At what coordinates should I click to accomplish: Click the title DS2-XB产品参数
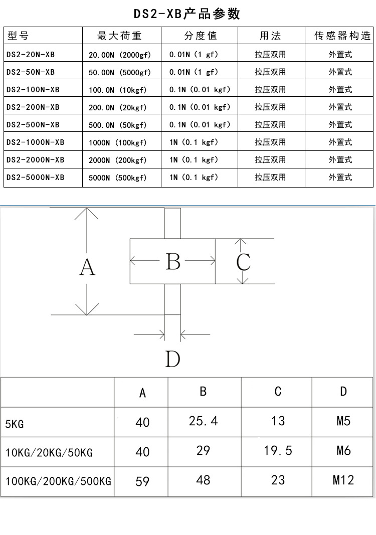pos(187,14)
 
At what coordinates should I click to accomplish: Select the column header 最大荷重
pos(119,36)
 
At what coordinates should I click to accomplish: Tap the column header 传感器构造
pos(343,36)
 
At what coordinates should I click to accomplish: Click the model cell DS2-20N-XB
pos(31,54)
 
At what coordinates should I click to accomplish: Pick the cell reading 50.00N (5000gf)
pos(119,72)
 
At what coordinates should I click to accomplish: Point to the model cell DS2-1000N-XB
pos(36,142)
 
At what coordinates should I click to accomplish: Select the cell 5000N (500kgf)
pos(118,177)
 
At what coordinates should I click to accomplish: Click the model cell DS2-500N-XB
pos(33,125)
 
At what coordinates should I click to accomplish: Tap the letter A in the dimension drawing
pos(87,268)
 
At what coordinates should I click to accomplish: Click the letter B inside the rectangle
pos(173,261)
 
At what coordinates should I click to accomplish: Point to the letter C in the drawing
pos(244,262)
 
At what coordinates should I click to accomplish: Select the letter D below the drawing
pos(172,359)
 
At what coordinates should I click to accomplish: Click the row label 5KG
pos(15,425)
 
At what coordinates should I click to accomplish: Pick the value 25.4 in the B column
pos(203,421)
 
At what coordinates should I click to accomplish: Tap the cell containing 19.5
pos(278,451)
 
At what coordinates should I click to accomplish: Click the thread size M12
pos(343,480)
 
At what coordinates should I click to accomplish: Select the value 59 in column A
pos(142,481)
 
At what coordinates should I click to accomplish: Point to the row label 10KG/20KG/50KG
pos(49,453)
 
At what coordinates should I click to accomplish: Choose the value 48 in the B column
pos(203,480)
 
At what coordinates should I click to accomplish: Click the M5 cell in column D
pos(343,421)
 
